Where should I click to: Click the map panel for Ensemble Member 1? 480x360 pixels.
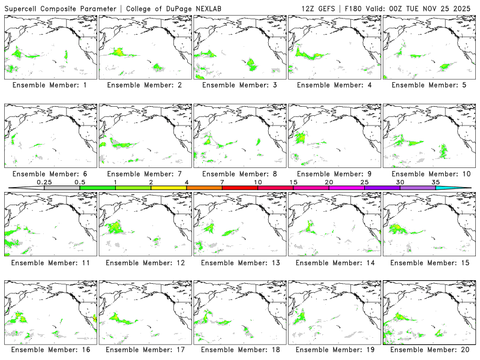pyautogui.click(x=50, y=46)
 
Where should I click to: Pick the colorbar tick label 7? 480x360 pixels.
pyautogui.click(x=222, y=182)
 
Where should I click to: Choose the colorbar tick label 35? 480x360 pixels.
pyautogui.click(x=436, y=182)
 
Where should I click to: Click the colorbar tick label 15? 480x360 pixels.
pyautogui.click(x=293, y=182)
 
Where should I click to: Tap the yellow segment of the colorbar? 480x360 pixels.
pyautogui.click(x=169, y=188)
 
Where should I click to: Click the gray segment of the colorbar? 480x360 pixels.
pyautogui.click(x=62, y=188)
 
